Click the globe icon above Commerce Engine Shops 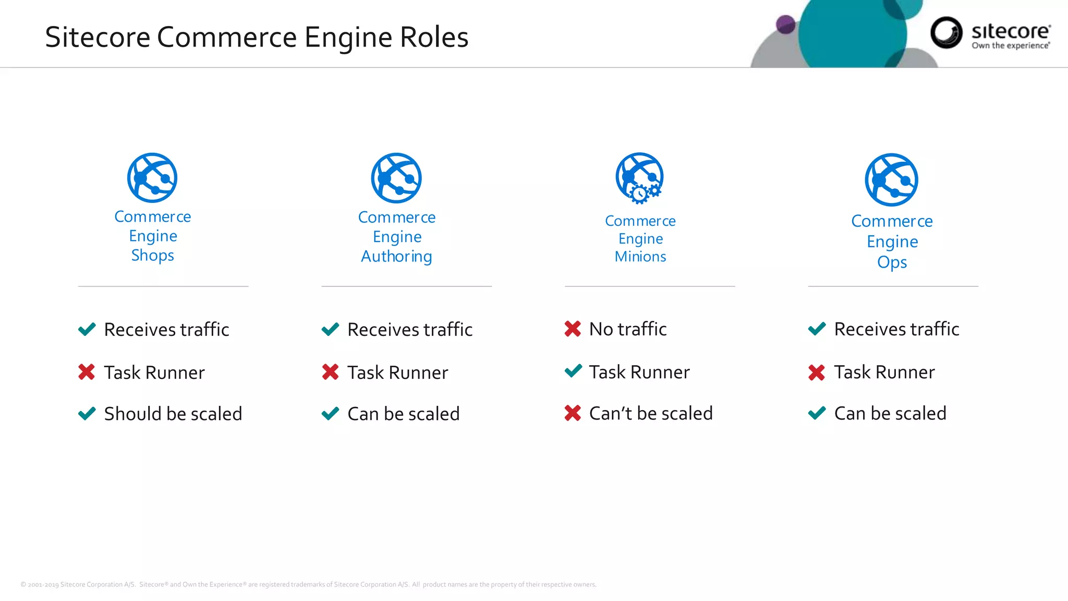click(x=152, y=178)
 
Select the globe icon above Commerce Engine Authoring click(x=396, y=178)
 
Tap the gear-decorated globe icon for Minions click(x=640, y=178)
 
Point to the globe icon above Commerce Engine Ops click(x=892, y=179)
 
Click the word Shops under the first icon click(x=152, y=255)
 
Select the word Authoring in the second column click(x=396, y=256)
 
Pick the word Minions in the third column click(x=640, y=256)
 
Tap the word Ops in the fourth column click(x=892, y=262)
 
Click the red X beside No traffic click(x=573, y=329)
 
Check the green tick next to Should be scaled click(x=87, y=414)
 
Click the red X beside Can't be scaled click(x=573, y=413)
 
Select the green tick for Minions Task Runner click(x=573, y=371)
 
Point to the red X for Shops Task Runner click(x=87, y=372)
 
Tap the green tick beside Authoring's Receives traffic click(x=331, y=329)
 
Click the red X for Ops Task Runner click(x=817, y=372)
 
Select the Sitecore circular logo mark click(x=946, y=32)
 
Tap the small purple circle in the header click(x=785, y=24)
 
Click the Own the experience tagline click(x=1011, y=46)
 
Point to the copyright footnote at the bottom click(x=308, y=584)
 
